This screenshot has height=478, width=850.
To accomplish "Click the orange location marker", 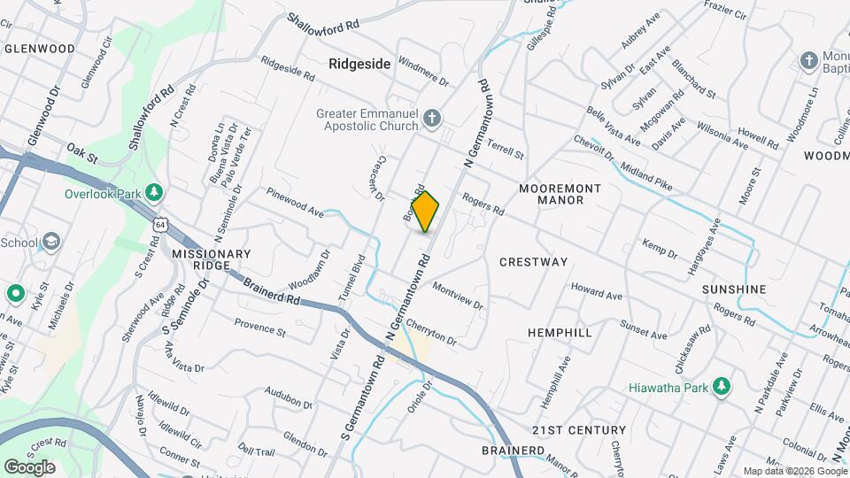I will [x=425, y=212].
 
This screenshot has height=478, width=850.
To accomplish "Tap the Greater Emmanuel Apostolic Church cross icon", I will [x=431, y=118].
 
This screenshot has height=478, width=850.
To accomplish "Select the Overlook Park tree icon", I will [x=155, y=192].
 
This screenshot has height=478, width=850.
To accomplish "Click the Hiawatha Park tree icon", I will [x=722, y=387].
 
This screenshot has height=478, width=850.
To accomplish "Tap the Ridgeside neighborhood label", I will [x=359, y=64].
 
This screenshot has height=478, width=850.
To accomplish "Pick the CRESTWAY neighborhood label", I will [x=533, y=262].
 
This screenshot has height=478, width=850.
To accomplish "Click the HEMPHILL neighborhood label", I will [x=560, y=332].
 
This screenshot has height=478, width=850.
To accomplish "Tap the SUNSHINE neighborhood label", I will [x=733, y=289].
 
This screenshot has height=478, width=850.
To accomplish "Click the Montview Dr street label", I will [x=458, y=295].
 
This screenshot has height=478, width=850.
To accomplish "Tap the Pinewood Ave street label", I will [x=295, y=203].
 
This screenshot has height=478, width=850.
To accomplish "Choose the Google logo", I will [x=29, y=466].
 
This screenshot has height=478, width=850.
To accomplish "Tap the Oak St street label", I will [x=81, y=155].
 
